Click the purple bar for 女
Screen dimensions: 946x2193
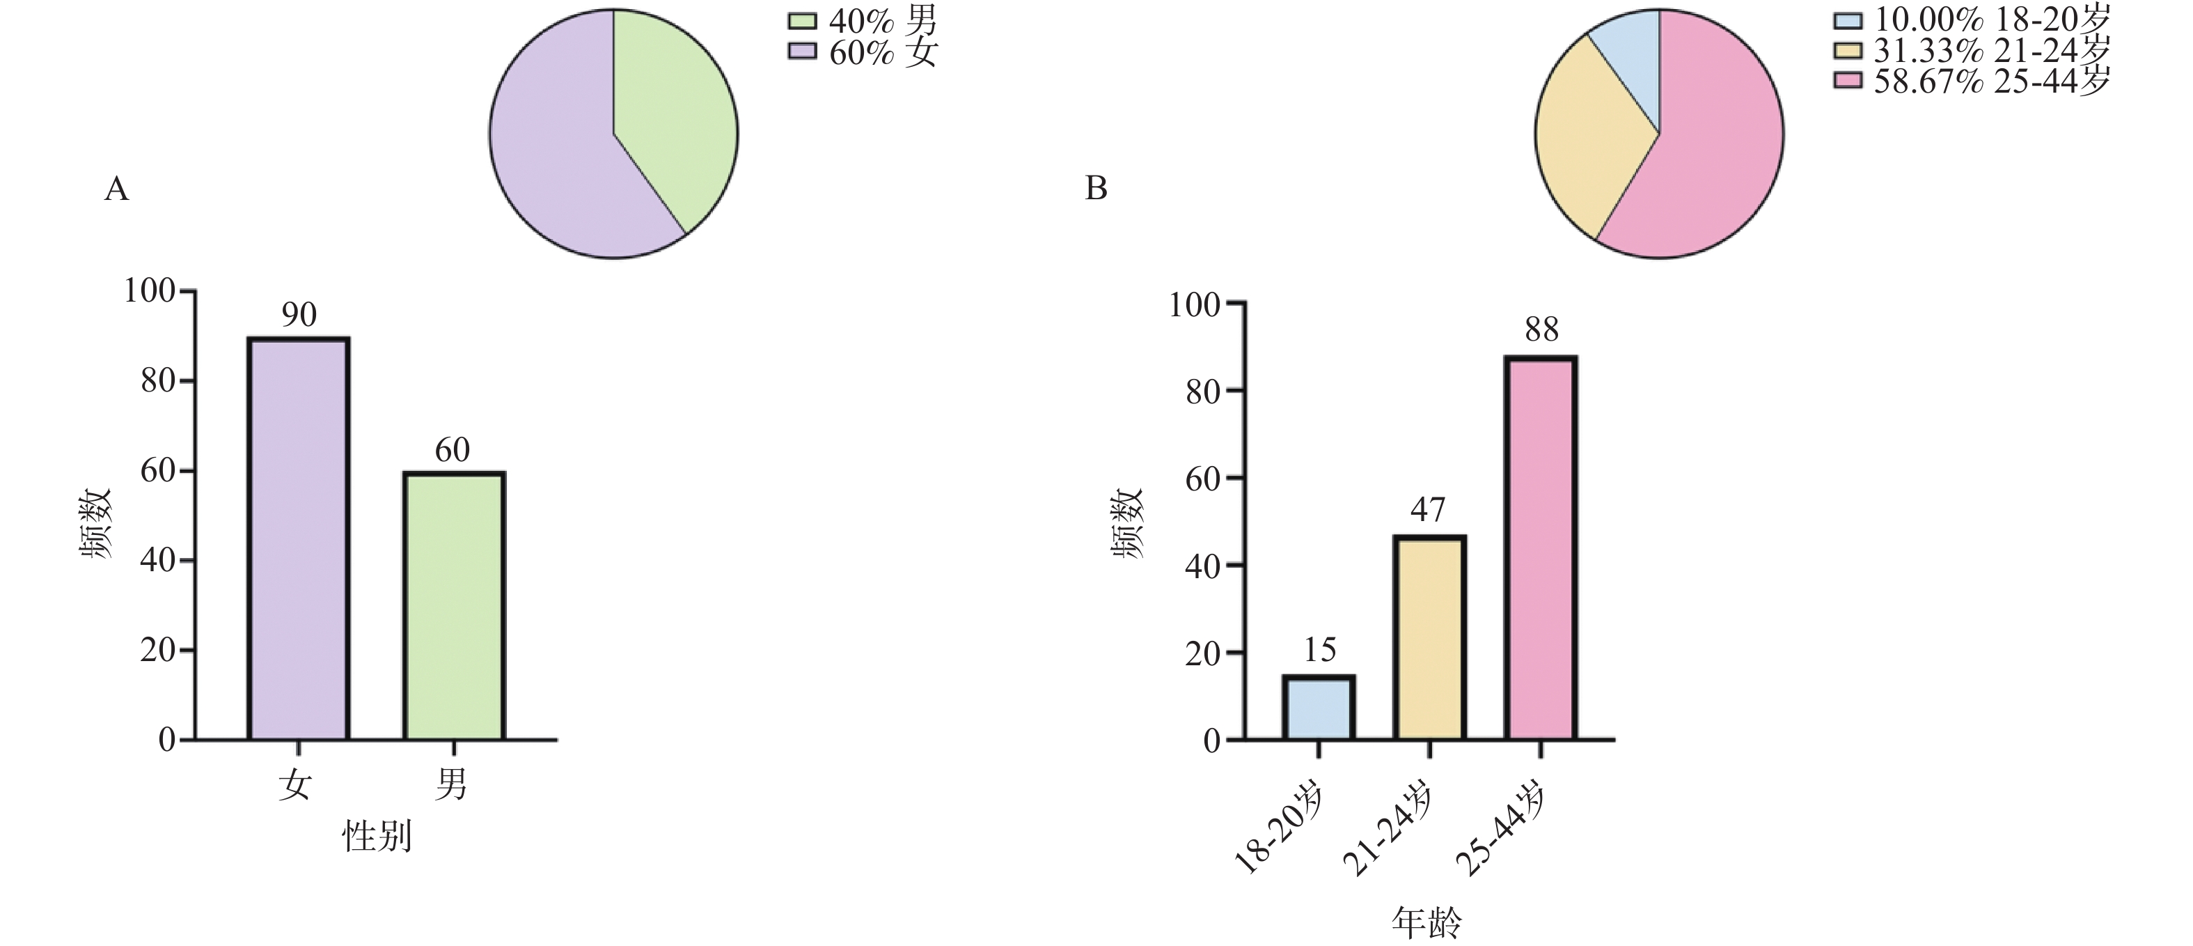[298, 538]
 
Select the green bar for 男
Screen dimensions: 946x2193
[454, 605]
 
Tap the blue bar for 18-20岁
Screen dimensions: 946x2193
[1318, 708]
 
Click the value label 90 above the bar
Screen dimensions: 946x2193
[299, 315]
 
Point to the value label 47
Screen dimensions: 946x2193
[1428, 510]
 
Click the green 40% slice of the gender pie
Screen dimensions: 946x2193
[677, 119]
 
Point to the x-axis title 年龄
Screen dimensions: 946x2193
[1426, 922]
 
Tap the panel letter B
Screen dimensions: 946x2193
[1096, 188]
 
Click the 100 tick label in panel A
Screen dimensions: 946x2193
[149, 291]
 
